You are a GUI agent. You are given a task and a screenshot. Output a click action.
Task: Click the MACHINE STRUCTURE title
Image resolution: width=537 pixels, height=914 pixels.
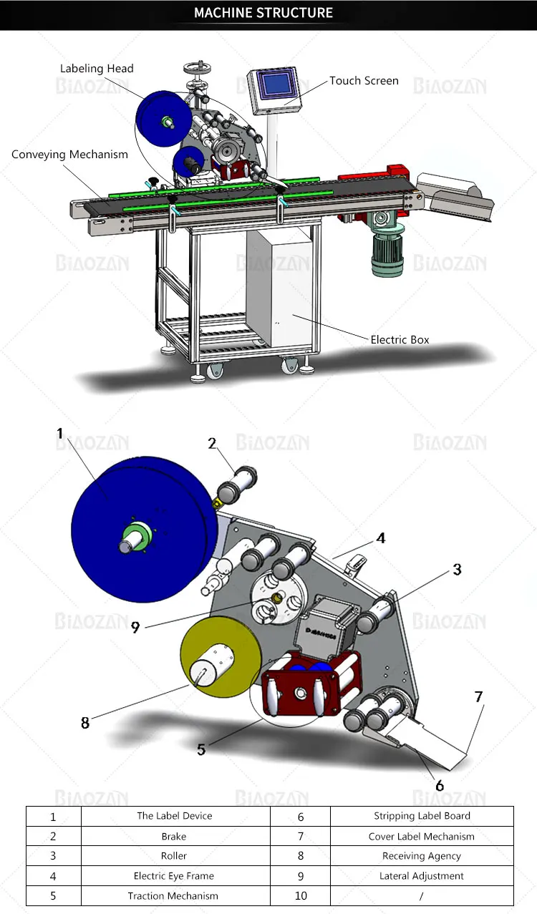tap(263, 13)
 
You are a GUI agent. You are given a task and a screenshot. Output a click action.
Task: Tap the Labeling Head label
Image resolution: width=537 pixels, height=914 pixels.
tap(97, 69)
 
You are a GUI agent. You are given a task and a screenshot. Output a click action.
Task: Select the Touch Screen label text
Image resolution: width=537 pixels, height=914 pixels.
tap(364, 81)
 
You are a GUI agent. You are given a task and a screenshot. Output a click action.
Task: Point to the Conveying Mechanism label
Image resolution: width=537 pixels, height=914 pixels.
tap(70, 155)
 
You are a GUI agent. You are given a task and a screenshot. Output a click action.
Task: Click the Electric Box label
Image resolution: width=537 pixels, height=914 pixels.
tap(400, 339)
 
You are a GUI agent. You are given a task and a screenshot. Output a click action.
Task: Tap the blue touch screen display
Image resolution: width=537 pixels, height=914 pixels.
tap(276, 87)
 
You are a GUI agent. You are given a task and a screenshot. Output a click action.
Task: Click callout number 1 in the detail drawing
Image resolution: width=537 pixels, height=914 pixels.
tap(60, 433)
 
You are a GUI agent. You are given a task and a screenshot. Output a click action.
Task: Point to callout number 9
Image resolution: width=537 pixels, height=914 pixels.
tap(135, 627)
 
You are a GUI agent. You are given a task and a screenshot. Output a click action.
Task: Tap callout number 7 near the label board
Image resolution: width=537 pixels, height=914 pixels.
tap(478, 696)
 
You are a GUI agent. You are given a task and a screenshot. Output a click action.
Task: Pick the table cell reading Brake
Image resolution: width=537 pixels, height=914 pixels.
tap(174, 836)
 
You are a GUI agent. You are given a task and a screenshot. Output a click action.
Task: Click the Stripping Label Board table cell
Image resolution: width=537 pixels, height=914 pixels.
tap(422, 816)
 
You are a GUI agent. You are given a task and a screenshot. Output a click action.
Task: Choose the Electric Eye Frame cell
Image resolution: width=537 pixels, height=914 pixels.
tap(174, 876)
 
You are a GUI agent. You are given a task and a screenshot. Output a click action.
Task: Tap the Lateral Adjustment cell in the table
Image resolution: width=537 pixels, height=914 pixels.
tap(422, 876)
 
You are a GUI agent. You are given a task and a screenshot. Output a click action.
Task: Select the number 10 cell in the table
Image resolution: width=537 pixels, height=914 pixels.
tap(301, 896)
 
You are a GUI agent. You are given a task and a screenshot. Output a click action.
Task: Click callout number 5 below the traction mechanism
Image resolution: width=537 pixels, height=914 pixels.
tap(201, 749)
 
